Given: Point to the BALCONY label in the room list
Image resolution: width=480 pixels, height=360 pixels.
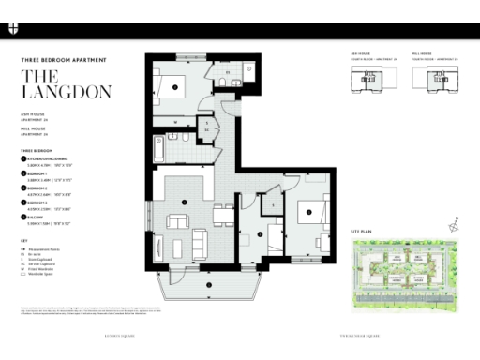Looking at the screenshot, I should click(37, 218).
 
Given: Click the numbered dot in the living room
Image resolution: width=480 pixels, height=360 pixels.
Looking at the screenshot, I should click(185, 202).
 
